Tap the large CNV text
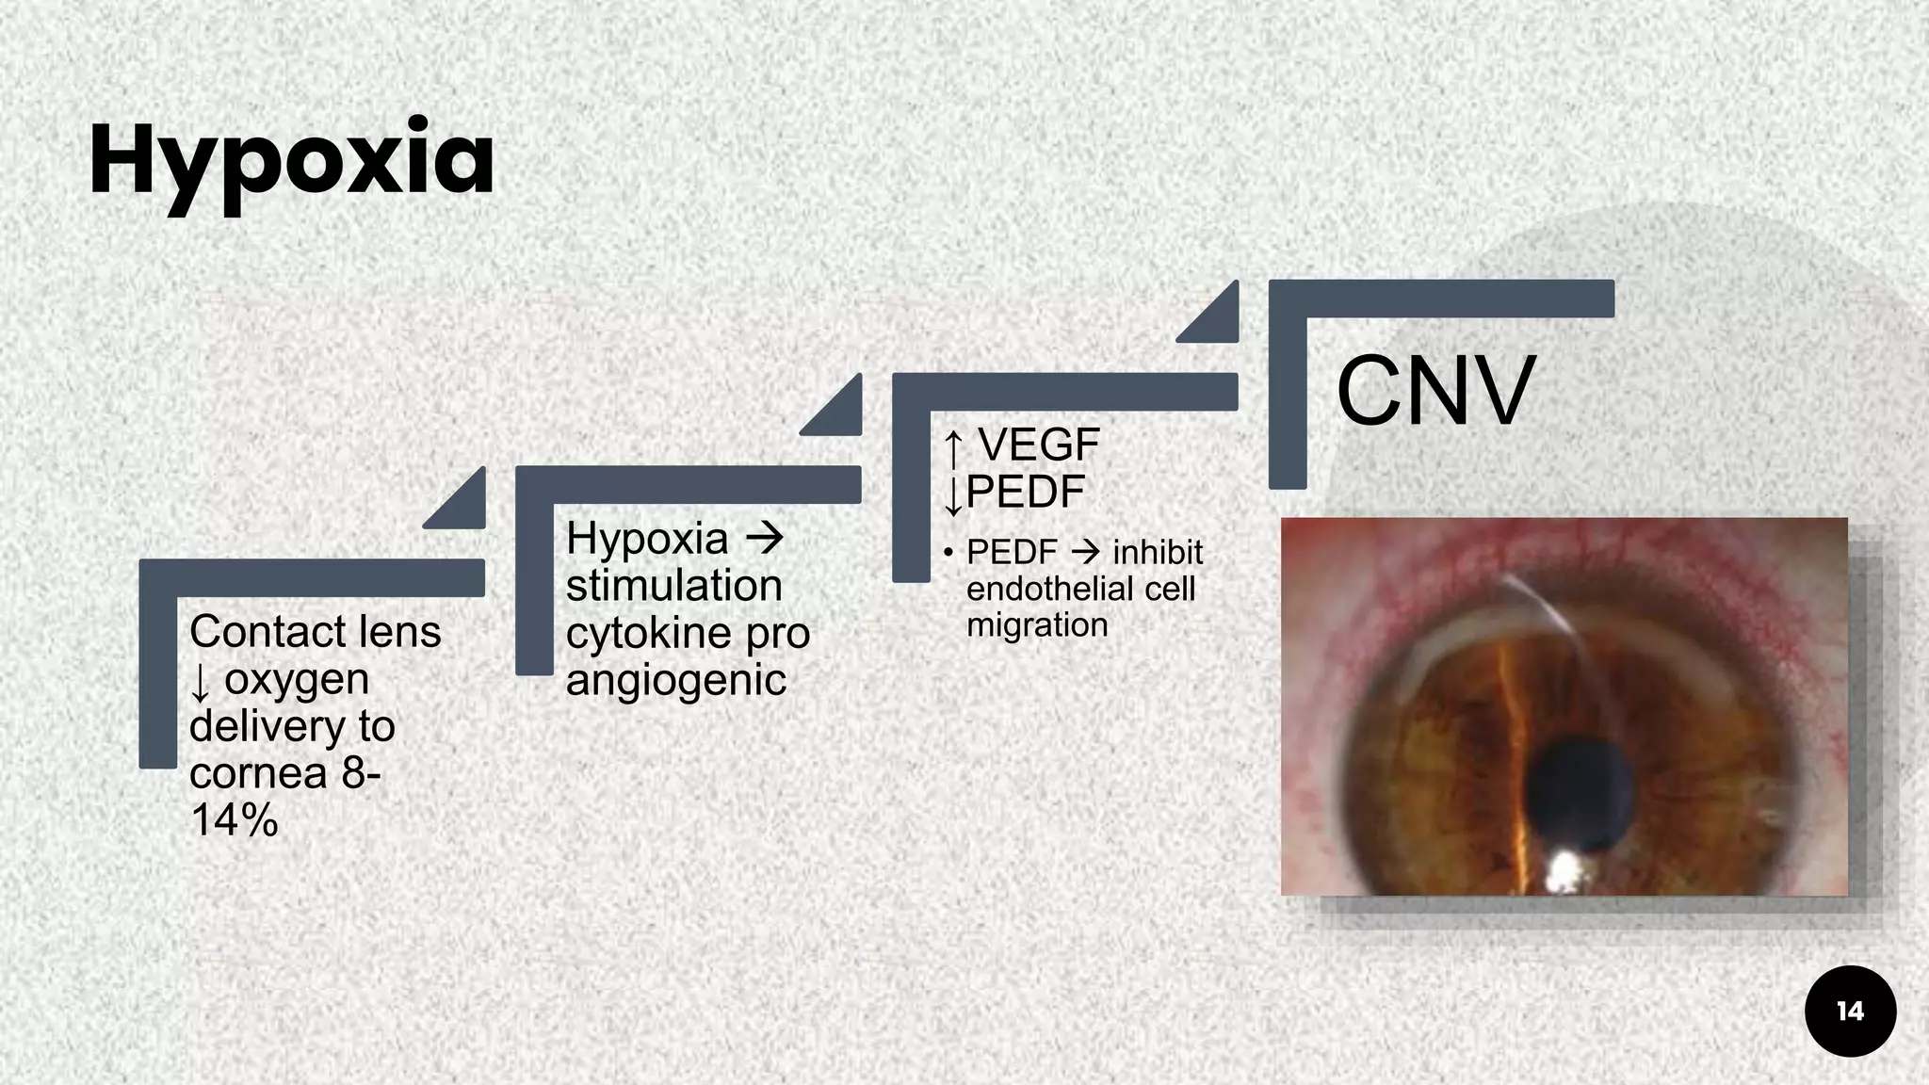(x=1435, y=391)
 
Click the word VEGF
(x=1039, y=445)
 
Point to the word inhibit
(x=1158, y=552)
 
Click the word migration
(x=1037, y=624)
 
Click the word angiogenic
(x=675, y=680)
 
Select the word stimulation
(x=673, y=586)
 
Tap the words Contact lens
(x=315, y=632)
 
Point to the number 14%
(x=234, y=820)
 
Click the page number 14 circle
(x=1850, y=1012)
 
